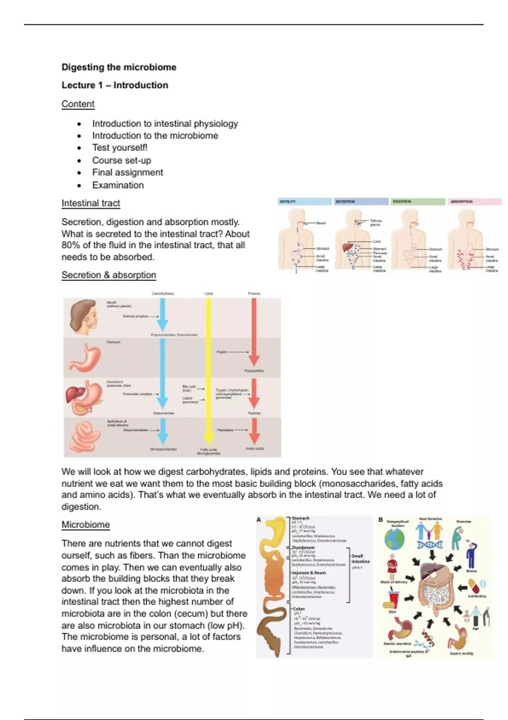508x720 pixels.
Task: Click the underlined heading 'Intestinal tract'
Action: [x=91, y=203]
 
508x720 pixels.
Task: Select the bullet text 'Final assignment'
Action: [x=127, y=172]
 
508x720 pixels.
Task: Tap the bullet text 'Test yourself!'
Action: [x=120, y=147]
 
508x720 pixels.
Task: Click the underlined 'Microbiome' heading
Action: [x=86, y=525]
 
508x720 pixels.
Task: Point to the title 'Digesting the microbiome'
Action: [x=119, y=67]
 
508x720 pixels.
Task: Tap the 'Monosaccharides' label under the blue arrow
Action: [x=163, y=449]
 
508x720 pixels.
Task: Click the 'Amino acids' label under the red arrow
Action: [x=254, y=449]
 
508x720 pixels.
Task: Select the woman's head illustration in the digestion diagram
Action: [x=84, y=317]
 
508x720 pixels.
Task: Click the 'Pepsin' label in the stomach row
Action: [x=222, y=352]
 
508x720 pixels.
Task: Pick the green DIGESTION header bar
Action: [x=418, y=202]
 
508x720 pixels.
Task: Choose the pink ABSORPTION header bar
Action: [x=475, y=202]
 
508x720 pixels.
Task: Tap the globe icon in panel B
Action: [x=394, y=539]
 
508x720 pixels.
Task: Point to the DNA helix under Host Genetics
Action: [x=429, y=545]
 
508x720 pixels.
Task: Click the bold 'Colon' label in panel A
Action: [x=298, y=609]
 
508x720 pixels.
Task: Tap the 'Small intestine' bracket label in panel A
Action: [x=360, y=559]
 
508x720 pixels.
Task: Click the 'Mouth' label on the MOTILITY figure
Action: [x=321, y=223]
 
